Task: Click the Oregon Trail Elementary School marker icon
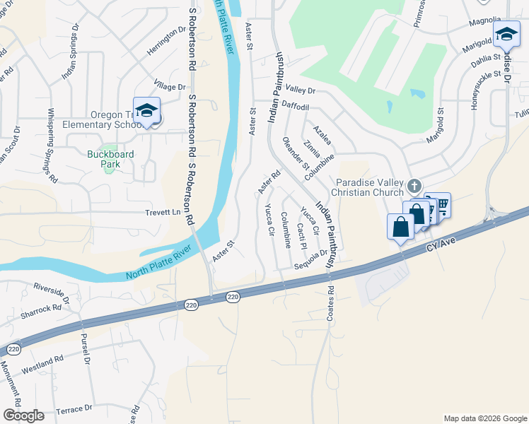tap(146, 111)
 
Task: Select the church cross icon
tap(414, 185)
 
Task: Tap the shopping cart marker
tap(442, 205)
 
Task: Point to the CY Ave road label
tap(443, 247)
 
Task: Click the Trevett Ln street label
tap(163, 212)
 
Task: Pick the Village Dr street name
tap(170, 86)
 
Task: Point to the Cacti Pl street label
tap(301, 235)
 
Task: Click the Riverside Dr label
tap(52, 292)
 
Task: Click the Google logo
tap(23, 416)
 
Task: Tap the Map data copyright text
tap(484, 418)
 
